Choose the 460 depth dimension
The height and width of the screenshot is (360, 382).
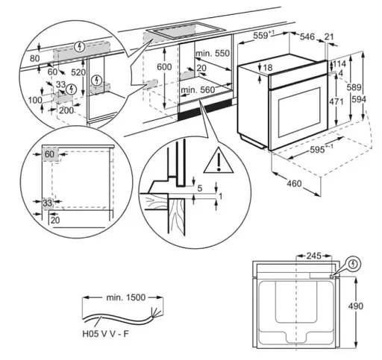coord(295,183)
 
